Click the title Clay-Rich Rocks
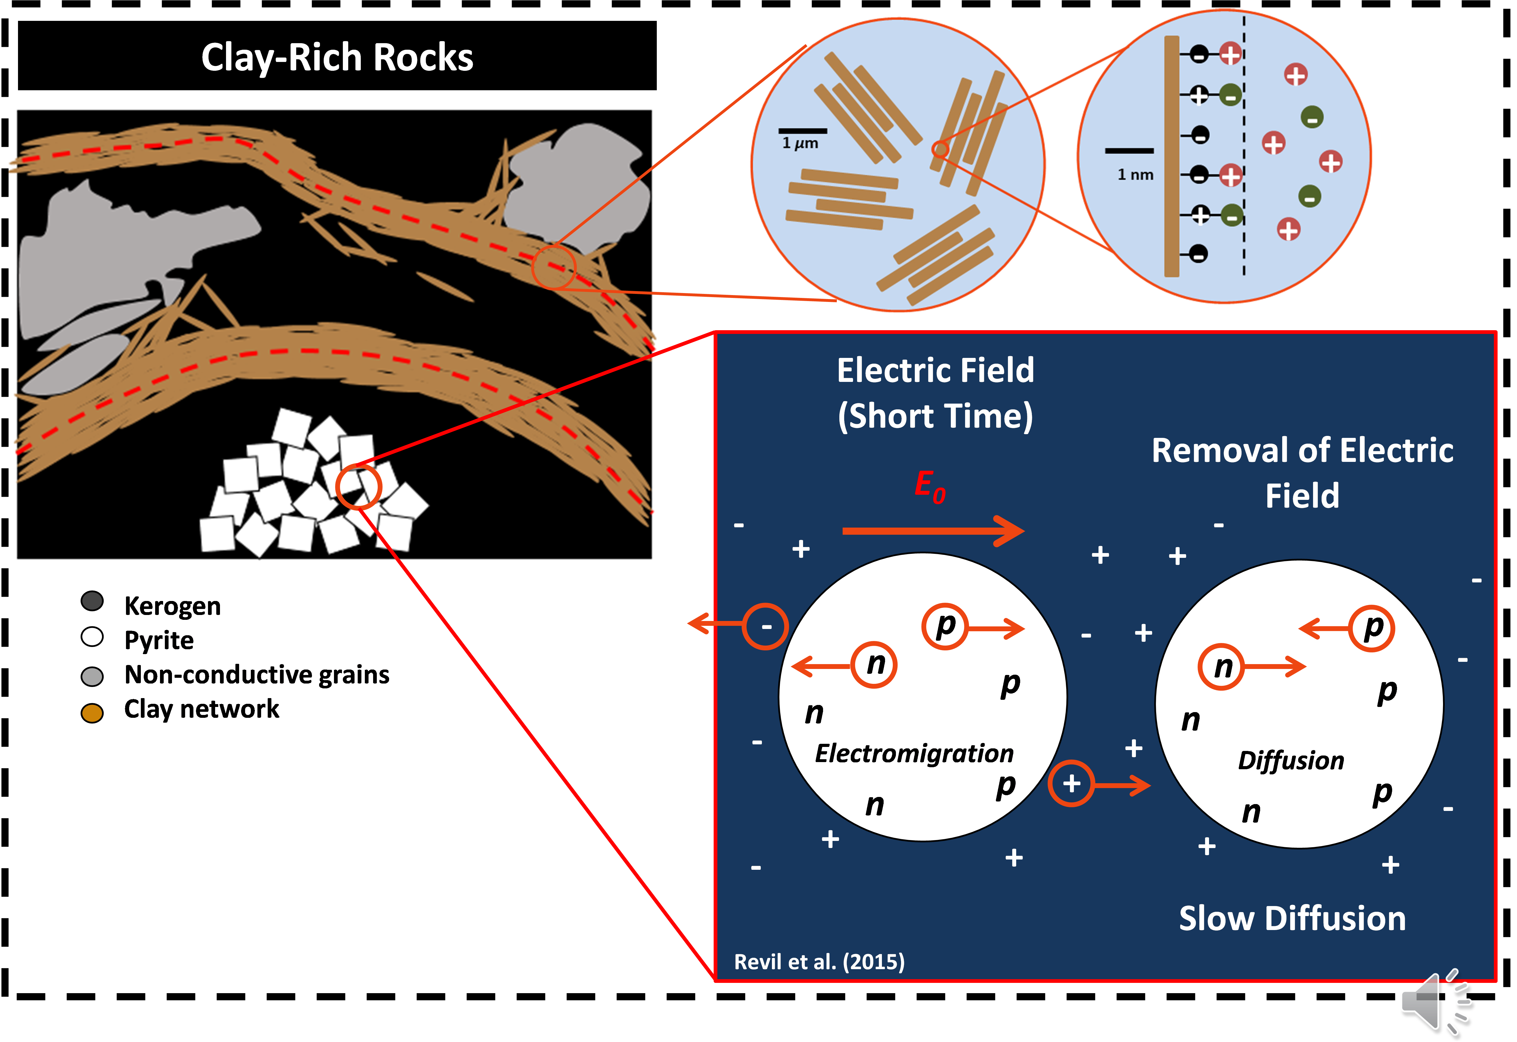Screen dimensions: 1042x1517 [337, 57]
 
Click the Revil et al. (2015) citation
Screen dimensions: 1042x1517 [819, 962]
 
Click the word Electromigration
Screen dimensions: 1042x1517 [914, 754]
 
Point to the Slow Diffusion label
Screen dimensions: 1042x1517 [1292, 919]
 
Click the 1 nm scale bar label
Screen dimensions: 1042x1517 [1135, 174]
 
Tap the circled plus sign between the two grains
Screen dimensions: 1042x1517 [1071, 783]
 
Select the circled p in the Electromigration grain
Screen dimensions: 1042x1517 [944, 627]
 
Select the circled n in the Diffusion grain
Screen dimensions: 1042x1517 [1221, 667]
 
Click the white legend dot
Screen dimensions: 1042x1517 [92, 637]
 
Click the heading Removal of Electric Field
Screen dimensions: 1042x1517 [1302, 472]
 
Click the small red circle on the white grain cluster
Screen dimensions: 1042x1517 [359, 486]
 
